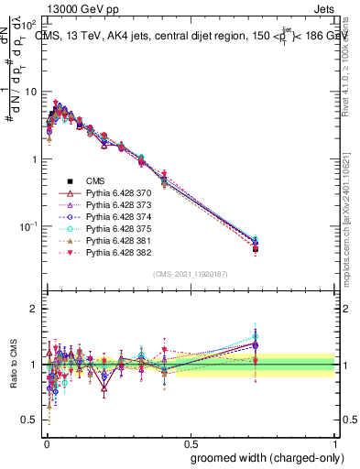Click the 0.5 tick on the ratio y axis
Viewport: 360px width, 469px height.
click(x=30, y=420)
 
